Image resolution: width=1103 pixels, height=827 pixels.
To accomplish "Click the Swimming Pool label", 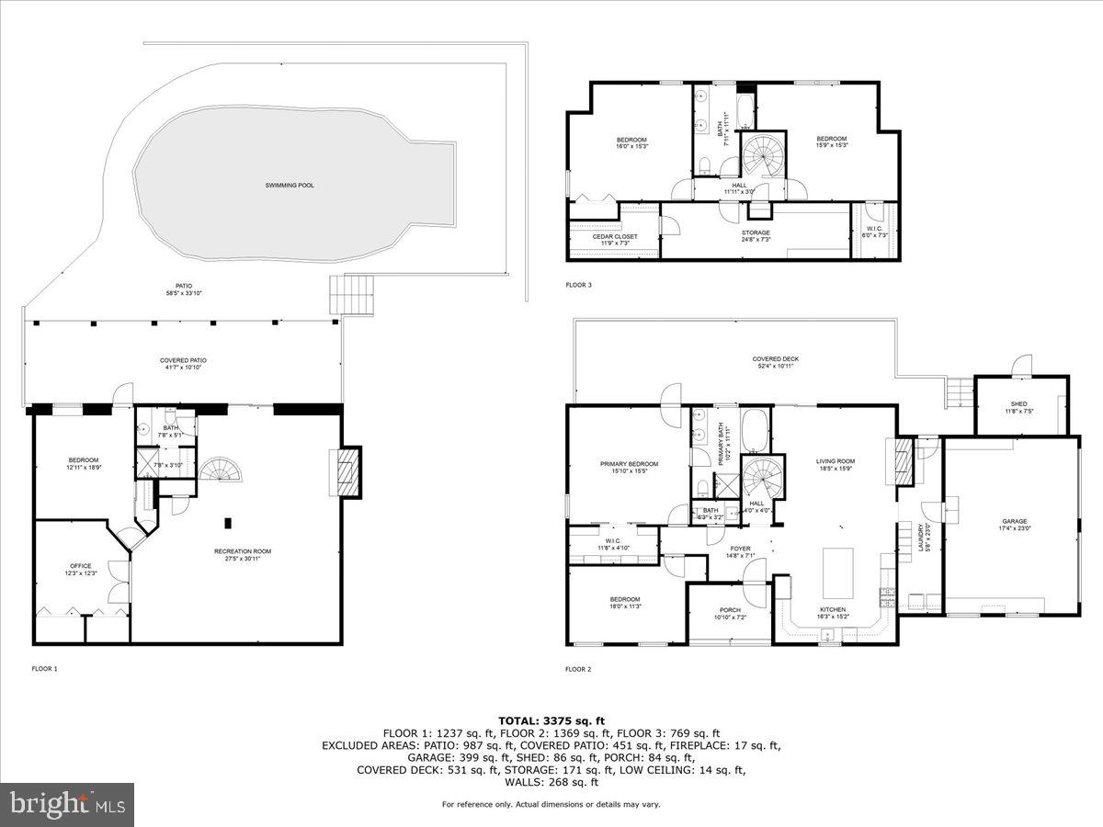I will click(290, 185).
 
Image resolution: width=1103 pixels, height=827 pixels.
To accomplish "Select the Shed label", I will click(1018, 407).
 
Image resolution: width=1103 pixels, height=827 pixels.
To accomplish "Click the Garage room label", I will click(1014, 525).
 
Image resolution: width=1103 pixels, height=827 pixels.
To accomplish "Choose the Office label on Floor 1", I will click(80, 570).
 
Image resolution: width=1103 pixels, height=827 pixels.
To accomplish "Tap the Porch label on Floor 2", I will click(730, 612).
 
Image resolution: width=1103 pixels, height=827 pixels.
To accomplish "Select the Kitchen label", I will click(832, 613).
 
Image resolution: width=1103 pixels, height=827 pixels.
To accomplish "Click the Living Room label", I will click(836, 465).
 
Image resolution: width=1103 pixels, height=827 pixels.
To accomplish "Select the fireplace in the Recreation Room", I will click(347, 470).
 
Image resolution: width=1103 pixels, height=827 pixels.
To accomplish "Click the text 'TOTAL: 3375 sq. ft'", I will click(551, 721).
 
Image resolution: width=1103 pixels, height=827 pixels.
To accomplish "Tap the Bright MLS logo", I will click(67, 805).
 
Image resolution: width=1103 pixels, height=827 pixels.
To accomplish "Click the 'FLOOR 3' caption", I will click(578, 286).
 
